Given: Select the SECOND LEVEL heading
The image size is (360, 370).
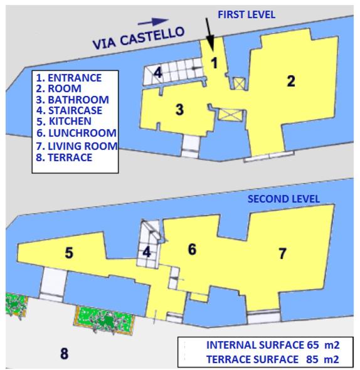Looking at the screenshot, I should [283, 199].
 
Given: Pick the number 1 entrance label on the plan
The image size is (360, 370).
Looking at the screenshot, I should [213, 63].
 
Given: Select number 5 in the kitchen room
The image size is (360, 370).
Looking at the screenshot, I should [69, 253].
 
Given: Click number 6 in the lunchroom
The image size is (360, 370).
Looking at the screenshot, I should [192, 249].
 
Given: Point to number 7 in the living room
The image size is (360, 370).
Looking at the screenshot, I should [282, 253].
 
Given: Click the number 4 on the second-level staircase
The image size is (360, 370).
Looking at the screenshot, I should [147, 253].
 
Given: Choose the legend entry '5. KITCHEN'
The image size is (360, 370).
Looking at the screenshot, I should [64, 120].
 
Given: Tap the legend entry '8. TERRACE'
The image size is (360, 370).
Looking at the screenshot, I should [65, 157].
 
